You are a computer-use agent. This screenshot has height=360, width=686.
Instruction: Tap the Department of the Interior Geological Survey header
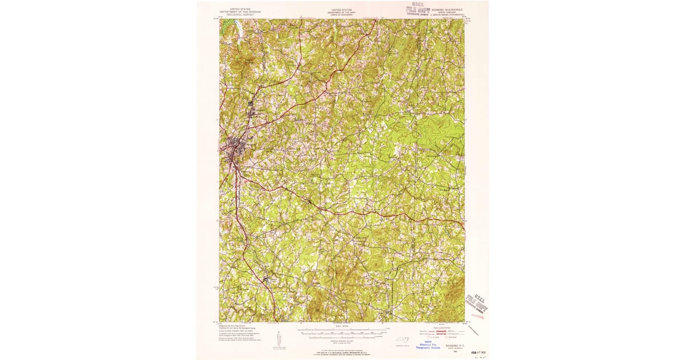tap(240, 13)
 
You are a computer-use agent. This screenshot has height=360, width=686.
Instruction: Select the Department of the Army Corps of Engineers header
tap(342, 13)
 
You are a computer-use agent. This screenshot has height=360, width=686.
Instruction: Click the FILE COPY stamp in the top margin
tap(418, 10)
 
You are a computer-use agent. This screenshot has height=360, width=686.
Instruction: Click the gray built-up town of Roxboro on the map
tap(234, 148)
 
